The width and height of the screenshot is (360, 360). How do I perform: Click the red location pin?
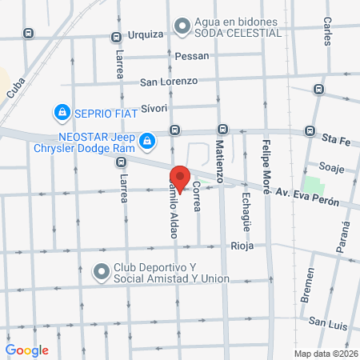coord(180,178)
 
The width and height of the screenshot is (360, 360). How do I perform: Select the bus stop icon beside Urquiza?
coord(117,36)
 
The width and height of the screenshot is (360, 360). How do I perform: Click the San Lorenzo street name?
coord(168,81)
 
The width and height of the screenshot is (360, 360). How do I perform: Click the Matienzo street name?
coord(219,160)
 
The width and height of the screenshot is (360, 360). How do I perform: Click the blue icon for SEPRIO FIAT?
coord(61,111)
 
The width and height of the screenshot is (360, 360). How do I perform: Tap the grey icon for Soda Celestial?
coord(182,26)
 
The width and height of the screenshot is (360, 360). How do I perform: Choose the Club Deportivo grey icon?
coord(102,272)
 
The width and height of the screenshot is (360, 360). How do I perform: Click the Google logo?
coord(27,350)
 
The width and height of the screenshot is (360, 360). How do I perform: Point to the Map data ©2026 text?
coord(326,354)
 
